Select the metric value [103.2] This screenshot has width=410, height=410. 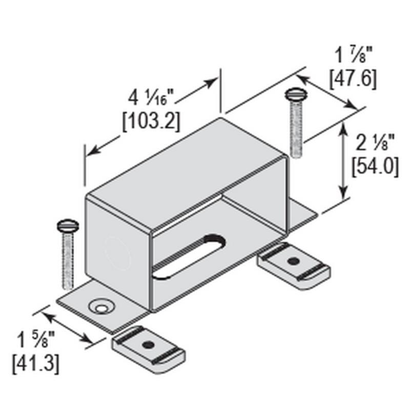tap(151, 120)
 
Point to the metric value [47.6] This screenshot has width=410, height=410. tap(353, 78)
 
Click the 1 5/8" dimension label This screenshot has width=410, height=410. tap(36, 341)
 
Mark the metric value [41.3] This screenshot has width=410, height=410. tap(36, 363)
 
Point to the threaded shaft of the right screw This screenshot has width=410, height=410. tap(297, 128)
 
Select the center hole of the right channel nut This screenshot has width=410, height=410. tap(293, 261)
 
